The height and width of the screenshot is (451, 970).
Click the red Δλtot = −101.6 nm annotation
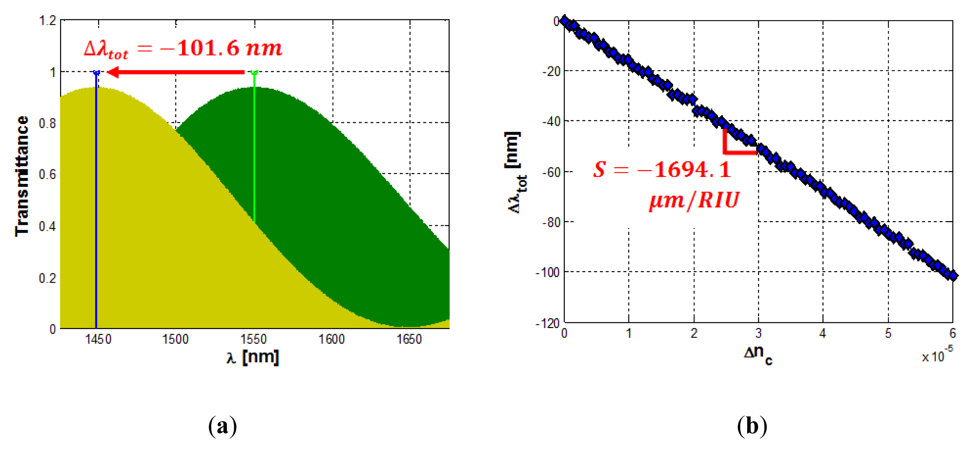[183, 49]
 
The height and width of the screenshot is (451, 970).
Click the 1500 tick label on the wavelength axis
[175, 339]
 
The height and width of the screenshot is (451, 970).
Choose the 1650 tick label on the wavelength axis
[409, 339]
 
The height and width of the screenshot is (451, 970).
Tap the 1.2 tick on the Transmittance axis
[47, 20]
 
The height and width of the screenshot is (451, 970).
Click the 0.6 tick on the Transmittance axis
[47, 175]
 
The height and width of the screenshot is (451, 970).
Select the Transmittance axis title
[22, 176]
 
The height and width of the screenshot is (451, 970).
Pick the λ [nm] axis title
[253, 357]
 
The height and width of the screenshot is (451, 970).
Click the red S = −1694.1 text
[662, 170]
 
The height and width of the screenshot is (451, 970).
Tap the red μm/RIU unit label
[694, 200]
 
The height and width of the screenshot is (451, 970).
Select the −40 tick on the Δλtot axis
[551, 121]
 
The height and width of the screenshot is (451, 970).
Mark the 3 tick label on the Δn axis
[758, 334]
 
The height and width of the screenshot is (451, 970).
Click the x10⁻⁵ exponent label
[937, 355]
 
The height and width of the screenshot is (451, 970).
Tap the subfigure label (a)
[222, 426]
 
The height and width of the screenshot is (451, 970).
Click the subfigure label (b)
[752, 426]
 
